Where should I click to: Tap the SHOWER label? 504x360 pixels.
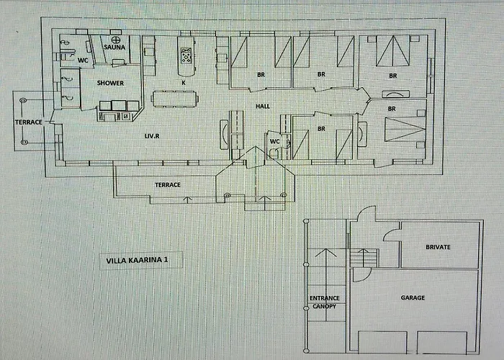point(111,83)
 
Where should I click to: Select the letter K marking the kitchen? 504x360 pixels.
point(184,83)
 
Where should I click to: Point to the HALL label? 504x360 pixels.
point(263,106)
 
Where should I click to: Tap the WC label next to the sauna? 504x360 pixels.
point(82,60)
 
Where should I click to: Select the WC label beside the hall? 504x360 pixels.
point(274,141)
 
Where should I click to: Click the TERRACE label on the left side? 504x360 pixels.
point(29,122)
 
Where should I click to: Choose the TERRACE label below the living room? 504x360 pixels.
point(167,185)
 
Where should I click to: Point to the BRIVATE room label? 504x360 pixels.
point(438,247)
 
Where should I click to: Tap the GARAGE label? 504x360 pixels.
point(413,297)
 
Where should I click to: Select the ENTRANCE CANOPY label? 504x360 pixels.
point(324,302)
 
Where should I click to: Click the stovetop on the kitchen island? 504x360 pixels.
point(186,55)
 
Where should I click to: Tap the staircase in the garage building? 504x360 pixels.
point(364,257)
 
